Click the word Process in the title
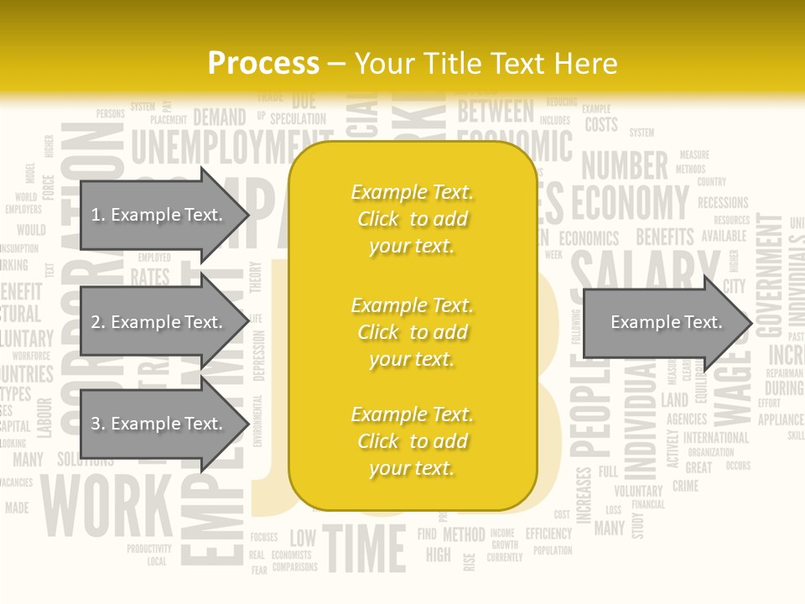point(263,64)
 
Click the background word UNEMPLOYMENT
point(214,148)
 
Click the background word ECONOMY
point(630,203)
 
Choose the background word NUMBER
point(625,166)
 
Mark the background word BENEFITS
point(665,237)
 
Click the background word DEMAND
point(220,117)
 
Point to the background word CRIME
point(685,486)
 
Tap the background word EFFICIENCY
point(548,534)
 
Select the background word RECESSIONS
point(723,203)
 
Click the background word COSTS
point(601,125)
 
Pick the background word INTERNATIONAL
point(715,437)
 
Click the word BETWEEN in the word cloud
point(495,111)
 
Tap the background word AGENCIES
point(687,419)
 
